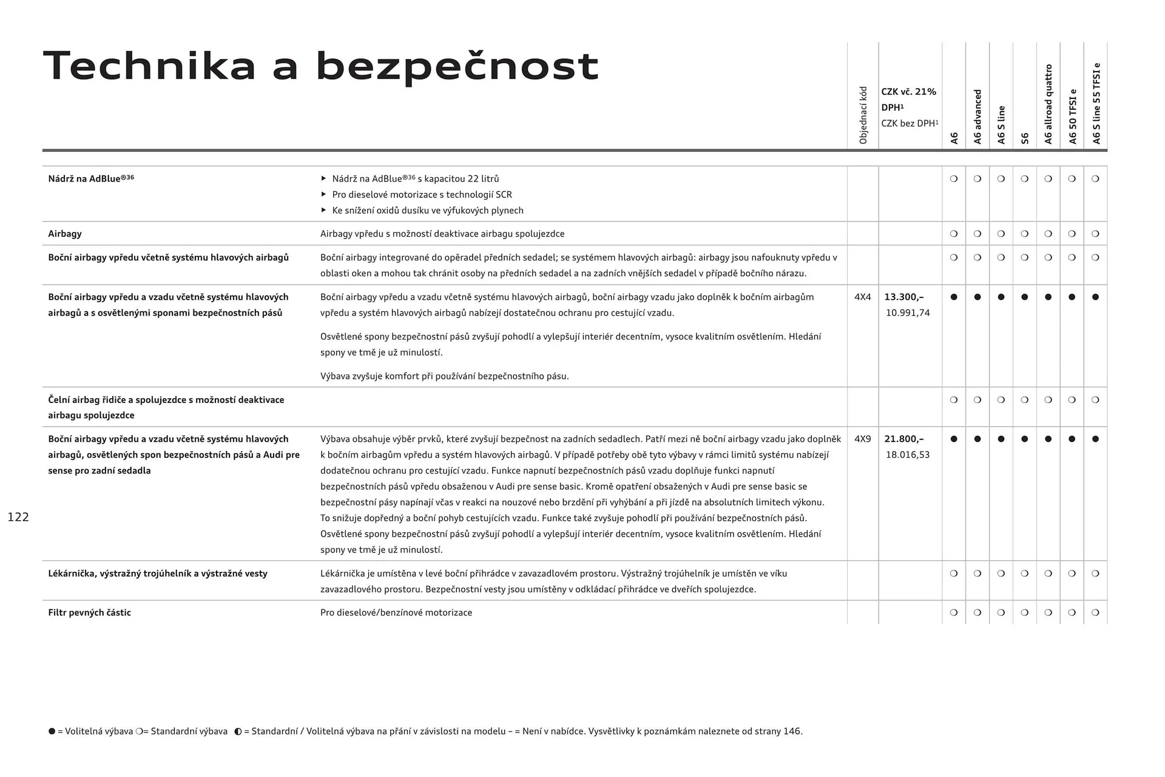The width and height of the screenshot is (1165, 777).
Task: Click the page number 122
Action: coord(18,517)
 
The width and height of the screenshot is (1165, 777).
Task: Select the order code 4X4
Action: coord(862,297)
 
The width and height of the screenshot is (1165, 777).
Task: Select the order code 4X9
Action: coord(862,439)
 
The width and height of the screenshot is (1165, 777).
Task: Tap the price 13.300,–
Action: coord(903,297)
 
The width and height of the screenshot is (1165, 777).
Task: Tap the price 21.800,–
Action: coord(903,439)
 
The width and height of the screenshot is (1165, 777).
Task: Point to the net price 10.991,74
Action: coord(908,313)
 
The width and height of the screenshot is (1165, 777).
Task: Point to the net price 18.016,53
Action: coord(908,455)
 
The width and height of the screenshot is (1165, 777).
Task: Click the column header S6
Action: coord(1025,138)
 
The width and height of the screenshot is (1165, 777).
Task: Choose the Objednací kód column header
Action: coord(863,115)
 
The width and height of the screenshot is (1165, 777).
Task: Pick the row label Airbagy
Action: coord(65,234)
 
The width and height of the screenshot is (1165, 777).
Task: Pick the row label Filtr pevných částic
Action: coord(89,612)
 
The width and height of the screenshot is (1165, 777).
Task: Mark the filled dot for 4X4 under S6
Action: coord(1025,297)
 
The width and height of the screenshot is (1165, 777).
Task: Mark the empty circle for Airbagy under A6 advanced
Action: coord(978,234)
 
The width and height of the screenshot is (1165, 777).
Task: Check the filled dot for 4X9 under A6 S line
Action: coord(1001,439)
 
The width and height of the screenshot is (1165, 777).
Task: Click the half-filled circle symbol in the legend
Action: coord(238,731)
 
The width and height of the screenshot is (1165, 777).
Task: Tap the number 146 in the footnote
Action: coord(792,731)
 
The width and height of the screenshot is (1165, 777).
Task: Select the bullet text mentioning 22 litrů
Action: coord(416,178)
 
